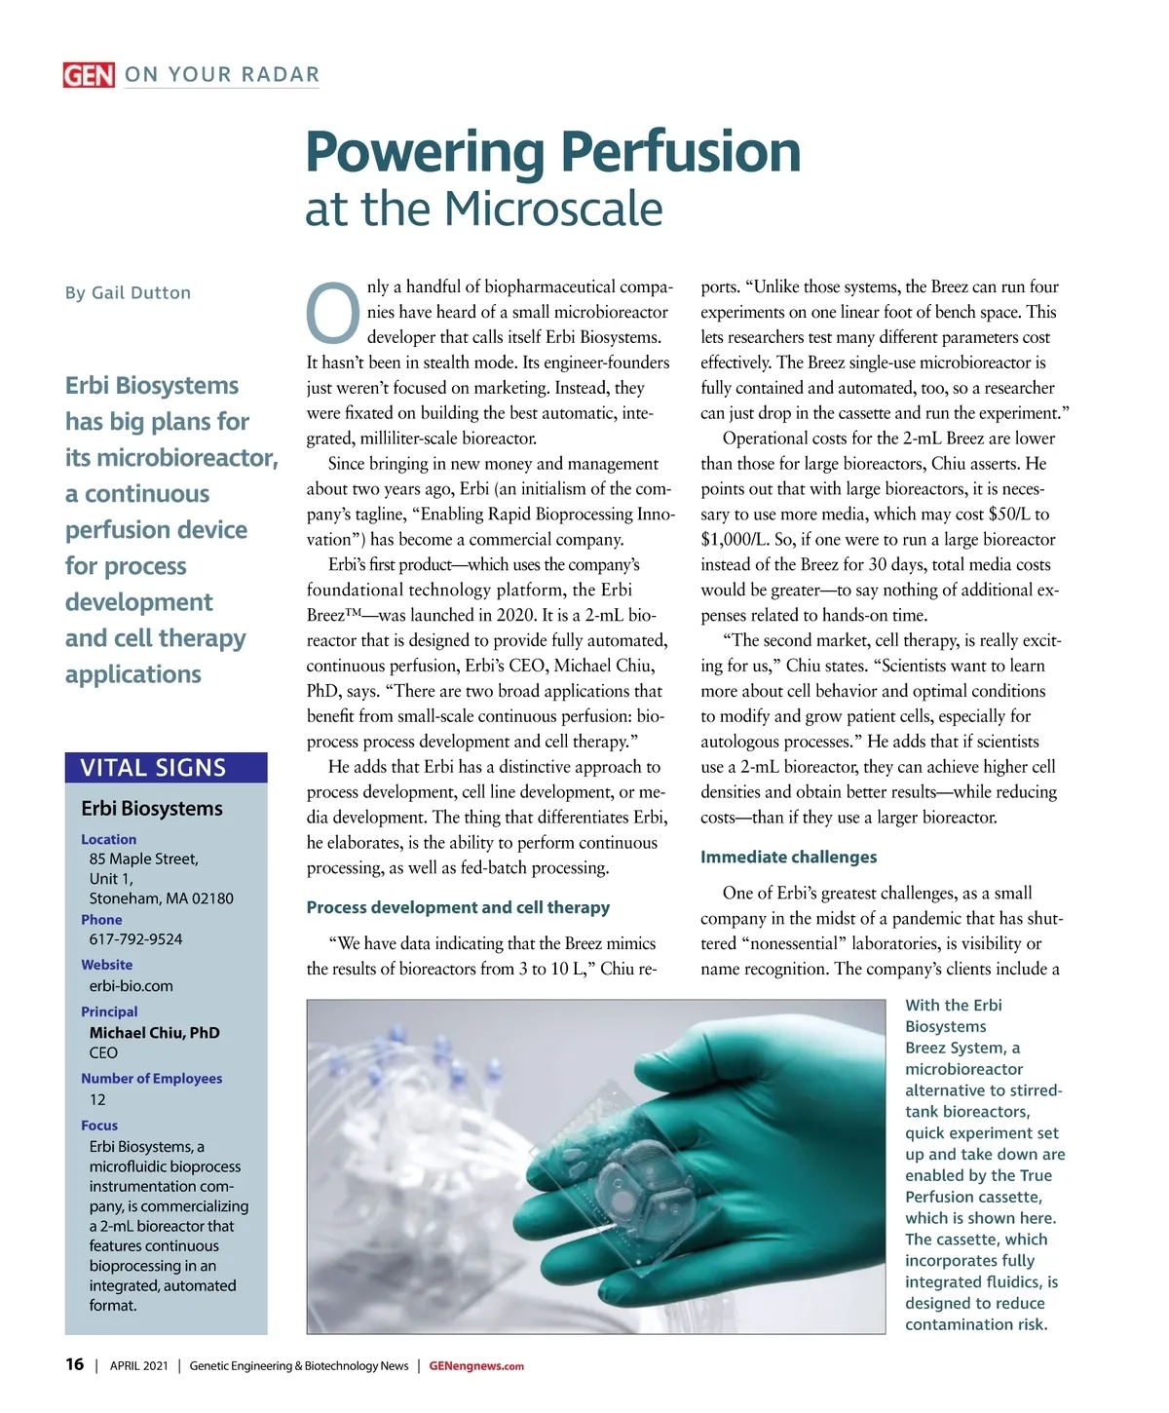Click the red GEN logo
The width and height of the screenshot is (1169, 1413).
pos(89,75)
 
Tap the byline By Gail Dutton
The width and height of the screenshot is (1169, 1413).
pos(128,292)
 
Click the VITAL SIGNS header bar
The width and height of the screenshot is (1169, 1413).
pos(166,768)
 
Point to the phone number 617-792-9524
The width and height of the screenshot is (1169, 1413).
pos(135,939)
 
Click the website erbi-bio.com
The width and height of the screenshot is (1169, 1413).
pos(131,985)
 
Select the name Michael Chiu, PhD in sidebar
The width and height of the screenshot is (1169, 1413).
pos(154,1032)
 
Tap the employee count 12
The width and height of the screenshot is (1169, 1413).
pos(97,1099)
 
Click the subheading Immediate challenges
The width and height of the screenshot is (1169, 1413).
pos(788,857)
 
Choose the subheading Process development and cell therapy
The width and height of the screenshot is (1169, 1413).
pos(458,907)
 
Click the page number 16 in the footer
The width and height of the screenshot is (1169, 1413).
pos(74,1364)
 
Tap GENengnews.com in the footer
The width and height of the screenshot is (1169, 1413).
pos(476,1365)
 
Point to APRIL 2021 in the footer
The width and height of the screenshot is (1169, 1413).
pos(138,1365)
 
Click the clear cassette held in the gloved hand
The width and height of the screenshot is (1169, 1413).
pos(623,1179)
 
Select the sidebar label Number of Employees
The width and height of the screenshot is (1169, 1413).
pos(151,1078)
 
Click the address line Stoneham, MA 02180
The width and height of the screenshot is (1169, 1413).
pos(161,898)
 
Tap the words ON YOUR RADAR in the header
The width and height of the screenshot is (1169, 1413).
pos(222,75)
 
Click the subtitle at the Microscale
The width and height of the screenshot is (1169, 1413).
pos(483,209)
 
